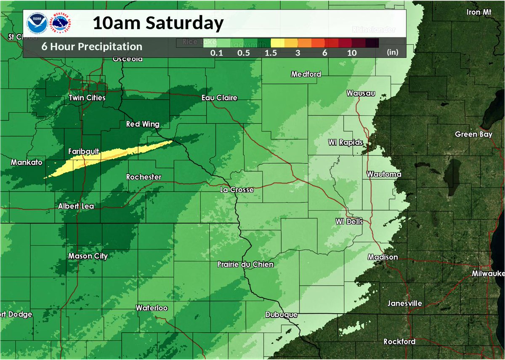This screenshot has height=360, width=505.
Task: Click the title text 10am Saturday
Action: [158, 23]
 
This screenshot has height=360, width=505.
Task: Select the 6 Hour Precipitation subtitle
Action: [92, 47]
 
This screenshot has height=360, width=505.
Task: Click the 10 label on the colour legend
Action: [352, 53]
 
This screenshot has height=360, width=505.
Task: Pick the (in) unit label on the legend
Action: [392, 52]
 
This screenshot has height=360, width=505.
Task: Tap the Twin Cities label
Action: [87, 98]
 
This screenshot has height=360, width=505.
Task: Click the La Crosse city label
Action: [237, 190]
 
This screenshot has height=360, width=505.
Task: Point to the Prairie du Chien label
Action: [245, 264]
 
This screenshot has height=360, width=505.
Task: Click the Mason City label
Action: [88, 256]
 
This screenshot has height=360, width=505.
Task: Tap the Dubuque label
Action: [282, 315]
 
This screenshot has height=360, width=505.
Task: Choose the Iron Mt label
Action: [479, 12]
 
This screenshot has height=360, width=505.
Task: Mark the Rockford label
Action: [399, 341]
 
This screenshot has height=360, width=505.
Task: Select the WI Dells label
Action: [348, 221]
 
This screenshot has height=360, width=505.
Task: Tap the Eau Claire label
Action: [219, 98]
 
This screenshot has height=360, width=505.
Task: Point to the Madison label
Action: [383, 257]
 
